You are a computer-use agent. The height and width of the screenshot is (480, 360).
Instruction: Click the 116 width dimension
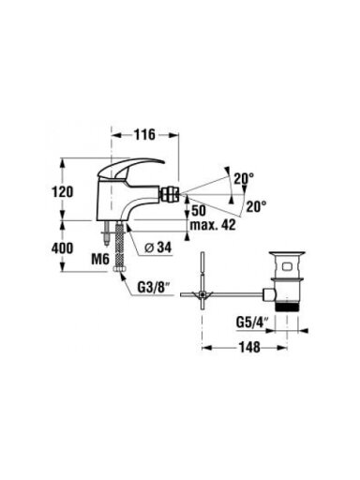click(x=144, y=135)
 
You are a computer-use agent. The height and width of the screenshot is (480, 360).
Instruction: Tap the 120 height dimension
click(x=63, y=191)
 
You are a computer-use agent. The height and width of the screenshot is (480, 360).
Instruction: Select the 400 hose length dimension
click(x=63, y=248)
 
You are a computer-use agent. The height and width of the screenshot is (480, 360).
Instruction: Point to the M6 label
click(x=100, y=259)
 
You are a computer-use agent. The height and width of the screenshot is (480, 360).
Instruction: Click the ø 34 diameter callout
click(x=158, y=247)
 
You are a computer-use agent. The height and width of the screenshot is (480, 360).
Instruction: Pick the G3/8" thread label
click(x=155, y=288)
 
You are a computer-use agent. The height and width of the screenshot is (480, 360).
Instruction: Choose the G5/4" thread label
click(x=253, y=322)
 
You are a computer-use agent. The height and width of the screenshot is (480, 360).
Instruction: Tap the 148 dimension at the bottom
click(x=249, y=347)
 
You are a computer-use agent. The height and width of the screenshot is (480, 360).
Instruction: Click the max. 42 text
click(x=213, y=224)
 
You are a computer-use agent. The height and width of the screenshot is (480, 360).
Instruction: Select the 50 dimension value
click(x=199, y=211)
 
